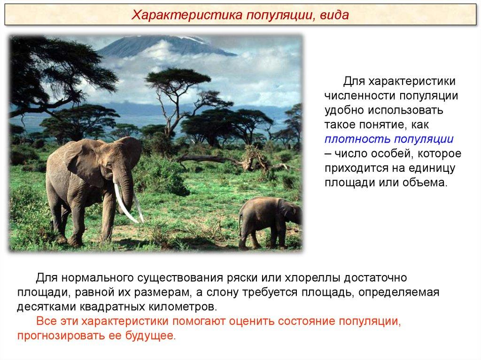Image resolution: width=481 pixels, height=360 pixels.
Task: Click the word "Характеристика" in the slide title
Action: pyautogui.click(x=187, y=15)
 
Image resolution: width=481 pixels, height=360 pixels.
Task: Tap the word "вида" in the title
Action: pyautogui.click(x=334, y=15)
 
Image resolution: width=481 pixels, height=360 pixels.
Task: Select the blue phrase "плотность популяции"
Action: pyautogui.click(x=389, y=139)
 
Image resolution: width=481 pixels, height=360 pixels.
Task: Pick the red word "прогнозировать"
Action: pyautogui.click(x=61, y=336)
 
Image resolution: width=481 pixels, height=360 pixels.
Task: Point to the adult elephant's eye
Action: pyautogui.click(x=109, y=165)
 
